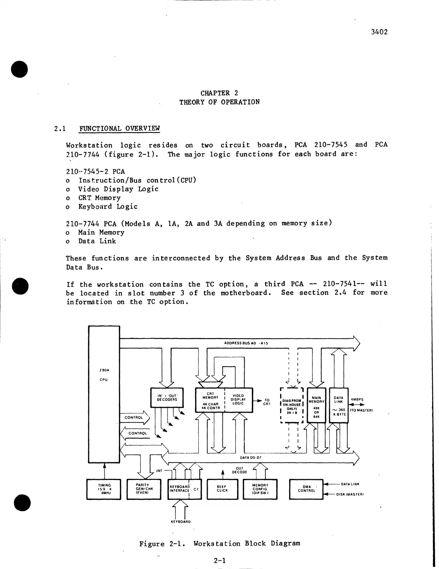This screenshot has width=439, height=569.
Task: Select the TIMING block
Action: click(104, 489)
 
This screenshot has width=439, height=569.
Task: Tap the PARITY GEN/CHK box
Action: click(145, 489)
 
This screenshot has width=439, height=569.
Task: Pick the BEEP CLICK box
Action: click(222, 489)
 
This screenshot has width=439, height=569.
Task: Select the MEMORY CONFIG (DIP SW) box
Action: click(260, 489)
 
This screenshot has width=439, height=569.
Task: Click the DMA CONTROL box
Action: click(306, 489)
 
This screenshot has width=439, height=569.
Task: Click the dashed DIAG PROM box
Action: click(292, 405)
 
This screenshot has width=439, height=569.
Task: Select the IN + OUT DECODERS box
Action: click(167, 397)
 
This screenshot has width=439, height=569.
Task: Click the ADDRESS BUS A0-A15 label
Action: click(246, 343)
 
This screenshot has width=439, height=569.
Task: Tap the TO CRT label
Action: click(267, 402)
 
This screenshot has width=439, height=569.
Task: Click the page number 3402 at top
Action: click(379, 32)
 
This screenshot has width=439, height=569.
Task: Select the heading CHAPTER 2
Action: click(219, 93)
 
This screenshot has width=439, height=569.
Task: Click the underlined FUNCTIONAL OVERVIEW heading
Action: click(119, 128)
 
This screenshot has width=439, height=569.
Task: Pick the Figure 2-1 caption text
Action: click(219, 543)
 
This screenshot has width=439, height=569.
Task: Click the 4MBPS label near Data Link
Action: click(357, 399)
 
